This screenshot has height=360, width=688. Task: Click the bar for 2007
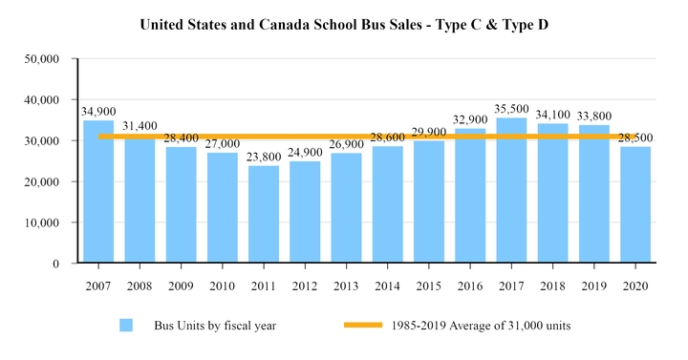97,191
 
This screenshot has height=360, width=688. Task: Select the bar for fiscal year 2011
263,214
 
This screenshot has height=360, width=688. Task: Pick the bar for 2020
635,204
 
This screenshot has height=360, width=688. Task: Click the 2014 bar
387,204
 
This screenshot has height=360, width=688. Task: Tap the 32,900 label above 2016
470,120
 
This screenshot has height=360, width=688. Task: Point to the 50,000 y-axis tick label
42,59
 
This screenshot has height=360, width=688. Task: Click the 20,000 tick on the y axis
42,181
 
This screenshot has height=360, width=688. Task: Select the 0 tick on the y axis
56,264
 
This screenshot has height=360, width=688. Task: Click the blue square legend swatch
126,326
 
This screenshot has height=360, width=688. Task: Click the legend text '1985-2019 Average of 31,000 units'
481,326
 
